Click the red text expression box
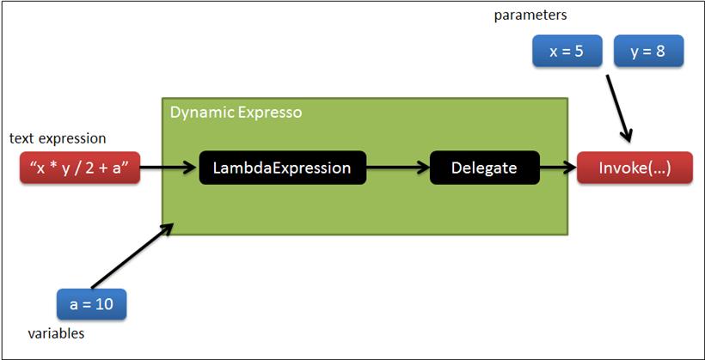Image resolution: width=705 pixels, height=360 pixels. click(80, 168)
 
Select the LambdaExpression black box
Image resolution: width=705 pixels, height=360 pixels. click(282, 168)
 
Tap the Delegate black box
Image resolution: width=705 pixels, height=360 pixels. click(485, 168)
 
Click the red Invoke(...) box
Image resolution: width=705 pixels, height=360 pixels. click(634, 168)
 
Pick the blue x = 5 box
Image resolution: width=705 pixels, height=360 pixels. click(567, 52)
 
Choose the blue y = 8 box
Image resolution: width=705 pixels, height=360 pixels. click(649, 52)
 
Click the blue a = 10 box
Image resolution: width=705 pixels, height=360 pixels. click(91, 304)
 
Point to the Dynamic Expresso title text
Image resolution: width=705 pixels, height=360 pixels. click(236, 113)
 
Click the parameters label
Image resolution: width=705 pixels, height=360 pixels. click(530, 15)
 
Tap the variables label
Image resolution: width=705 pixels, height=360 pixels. click(56, 334)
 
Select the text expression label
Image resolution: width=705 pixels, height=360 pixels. click(58, 138)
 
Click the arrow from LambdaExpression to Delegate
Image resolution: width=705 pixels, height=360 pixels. click(398, 168)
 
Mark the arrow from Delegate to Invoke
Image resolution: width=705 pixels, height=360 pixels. click(559, 168)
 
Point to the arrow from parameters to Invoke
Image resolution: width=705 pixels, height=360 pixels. click(620, 108)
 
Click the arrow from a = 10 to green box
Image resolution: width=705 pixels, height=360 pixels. click(132, 255)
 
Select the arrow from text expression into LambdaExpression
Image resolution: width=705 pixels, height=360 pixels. click(169, 168)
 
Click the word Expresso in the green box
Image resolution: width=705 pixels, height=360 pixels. click(270, 113)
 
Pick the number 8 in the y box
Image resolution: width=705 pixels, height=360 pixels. click(660, 52)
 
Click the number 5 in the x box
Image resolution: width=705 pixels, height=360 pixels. click(579, 52)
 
